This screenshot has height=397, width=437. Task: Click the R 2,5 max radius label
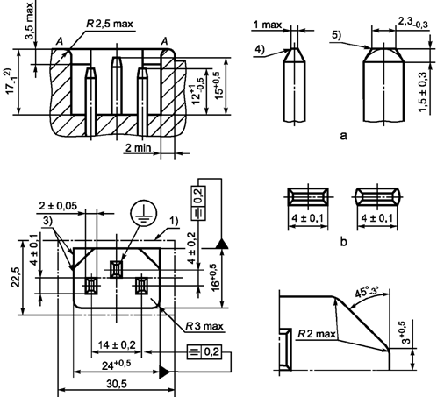(x=110, y=24)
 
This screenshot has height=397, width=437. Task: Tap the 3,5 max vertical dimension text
(x=29, y=20)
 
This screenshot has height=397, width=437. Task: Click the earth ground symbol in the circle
(x=144, y=213)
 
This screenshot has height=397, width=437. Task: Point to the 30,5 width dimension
(x=117, y=384)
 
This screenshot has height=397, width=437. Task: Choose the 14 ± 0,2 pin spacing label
(x=117, y=345)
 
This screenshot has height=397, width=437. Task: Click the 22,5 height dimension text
(x=16, y=277)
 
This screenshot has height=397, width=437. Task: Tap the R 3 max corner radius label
(x=204, y=326)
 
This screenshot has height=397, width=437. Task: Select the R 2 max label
(x=317, y=333)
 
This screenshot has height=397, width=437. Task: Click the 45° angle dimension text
(x=367, y=293)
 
